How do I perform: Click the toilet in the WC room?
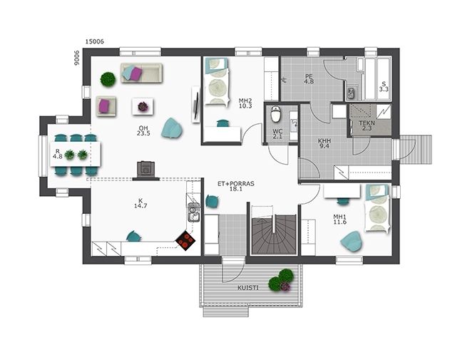[x=275, y=114]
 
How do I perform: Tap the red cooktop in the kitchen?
[x=185, y=242]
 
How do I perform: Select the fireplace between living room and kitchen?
[x=146, y=171]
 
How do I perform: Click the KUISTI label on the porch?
[x=248, y=288]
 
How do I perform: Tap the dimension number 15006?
[x=95, y=41]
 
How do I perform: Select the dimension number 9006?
[x=77, y=58]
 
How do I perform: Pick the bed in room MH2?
[x=216, y=81]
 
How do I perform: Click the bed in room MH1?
[x=377, y=208]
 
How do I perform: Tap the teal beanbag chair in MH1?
[x=352, y=241]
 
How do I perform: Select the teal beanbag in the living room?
[x=172, y=128]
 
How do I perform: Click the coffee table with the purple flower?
[x=143, y=106]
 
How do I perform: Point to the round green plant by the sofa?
[x=108, y=79]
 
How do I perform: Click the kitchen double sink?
[x=194, y=212]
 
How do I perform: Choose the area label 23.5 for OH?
[x=143, y=133]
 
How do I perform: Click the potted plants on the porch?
[x=281, y=280]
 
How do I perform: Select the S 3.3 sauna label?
[x=384, y=86]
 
